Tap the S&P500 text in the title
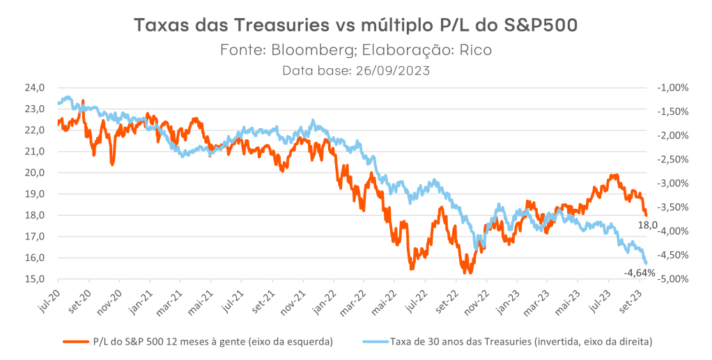tap(538, 26)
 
